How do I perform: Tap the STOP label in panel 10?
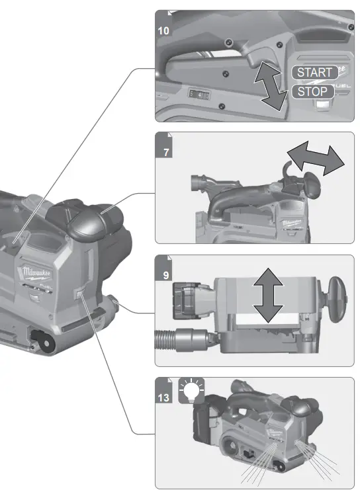[312, 92]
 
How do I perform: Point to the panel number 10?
[163, 30]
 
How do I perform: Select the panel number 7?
[163, 151]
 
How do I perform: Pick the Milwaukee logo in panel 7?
[291, 224]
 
